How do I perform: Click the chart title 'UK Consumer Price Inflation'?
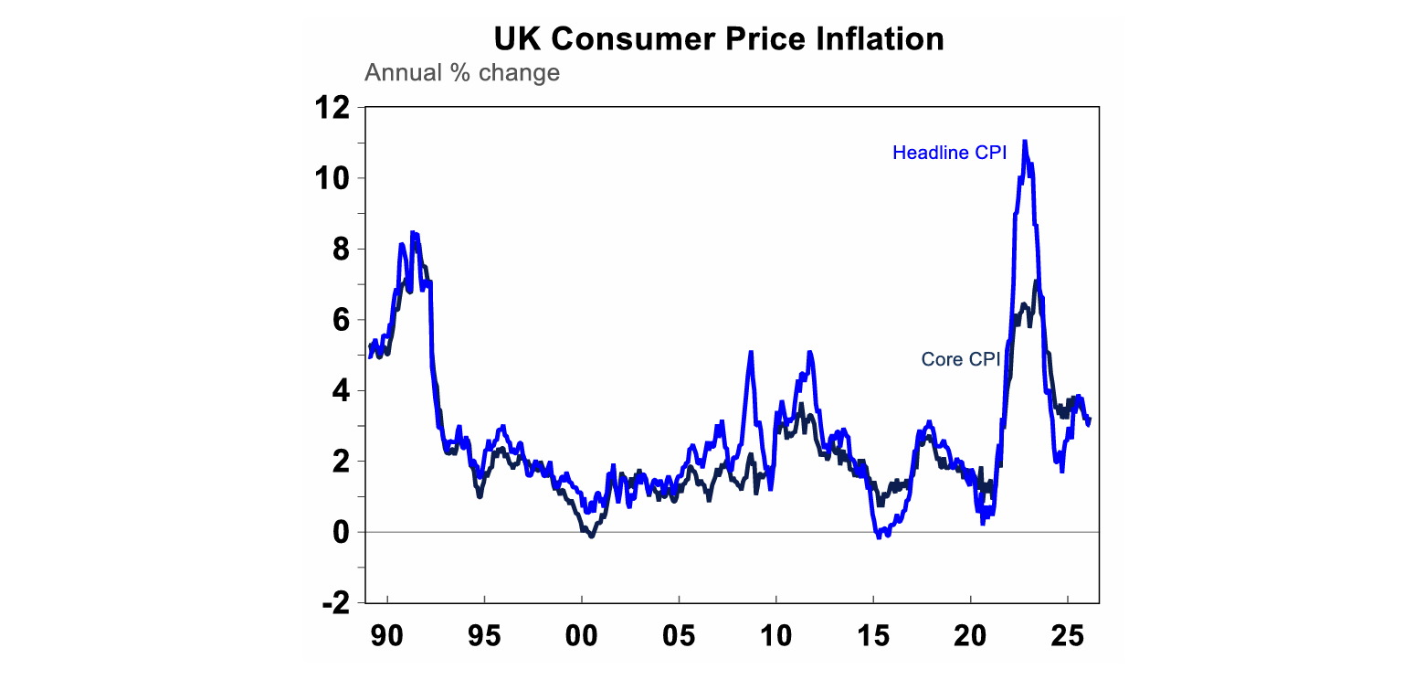718,39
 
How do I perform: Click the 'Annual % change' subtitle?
462,72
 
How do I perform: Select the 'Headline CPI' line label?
949,153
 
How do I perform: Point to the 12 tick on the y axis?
331,108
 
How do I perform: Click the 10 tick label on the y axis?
331,178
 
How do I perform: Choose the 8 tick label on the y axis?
339,249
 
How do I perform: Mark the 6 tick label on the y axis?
339,320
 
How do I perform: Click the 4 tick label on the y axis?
339,390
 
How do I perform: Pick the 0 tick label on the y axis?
339,532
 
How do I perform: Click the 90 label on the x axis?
387,633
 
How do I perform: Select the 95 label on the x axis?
484,633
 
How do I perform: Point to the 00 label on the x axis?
582,633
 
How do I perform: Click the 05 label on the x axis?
679,633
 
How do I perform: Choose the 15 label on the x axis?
873,633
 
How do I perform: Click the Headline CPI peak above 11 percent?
1025,141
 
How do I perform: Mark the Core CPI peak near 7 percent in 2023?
1036,282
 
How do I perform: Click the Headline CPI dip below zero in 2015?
879,537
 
